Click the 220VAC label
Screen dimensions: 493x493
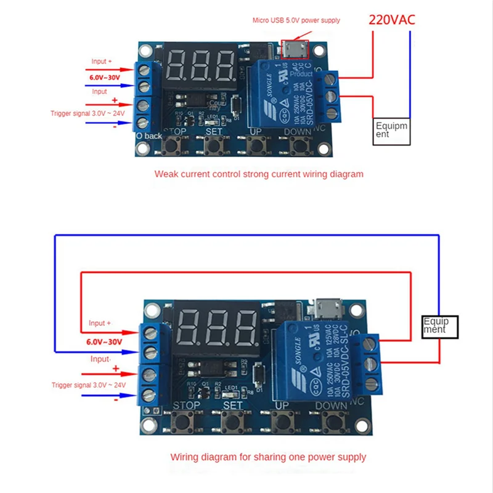[392, 19]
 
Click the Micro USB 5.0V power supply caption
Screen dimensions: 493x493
[296, 20]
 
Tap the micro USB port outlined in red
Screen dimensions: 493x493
[295, 48]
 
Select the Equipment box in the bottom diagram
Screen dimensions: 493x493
[441, 325]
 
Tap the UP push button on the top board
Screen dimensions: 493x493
[256, 146]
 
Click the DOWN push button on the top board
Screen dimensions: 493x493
[299, 146]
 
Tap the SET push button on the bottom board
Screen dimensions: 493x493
[232, 423]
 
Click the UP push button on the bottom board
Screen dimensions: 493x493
[282, 423]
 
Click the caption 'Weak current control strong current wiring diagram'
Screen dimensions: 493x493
[259, 174]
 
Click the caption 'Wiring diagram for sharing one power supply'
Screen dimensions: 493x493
[268, 457]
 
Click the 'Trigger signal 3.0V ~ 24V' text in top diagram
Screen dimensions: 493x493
[88, 113]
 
